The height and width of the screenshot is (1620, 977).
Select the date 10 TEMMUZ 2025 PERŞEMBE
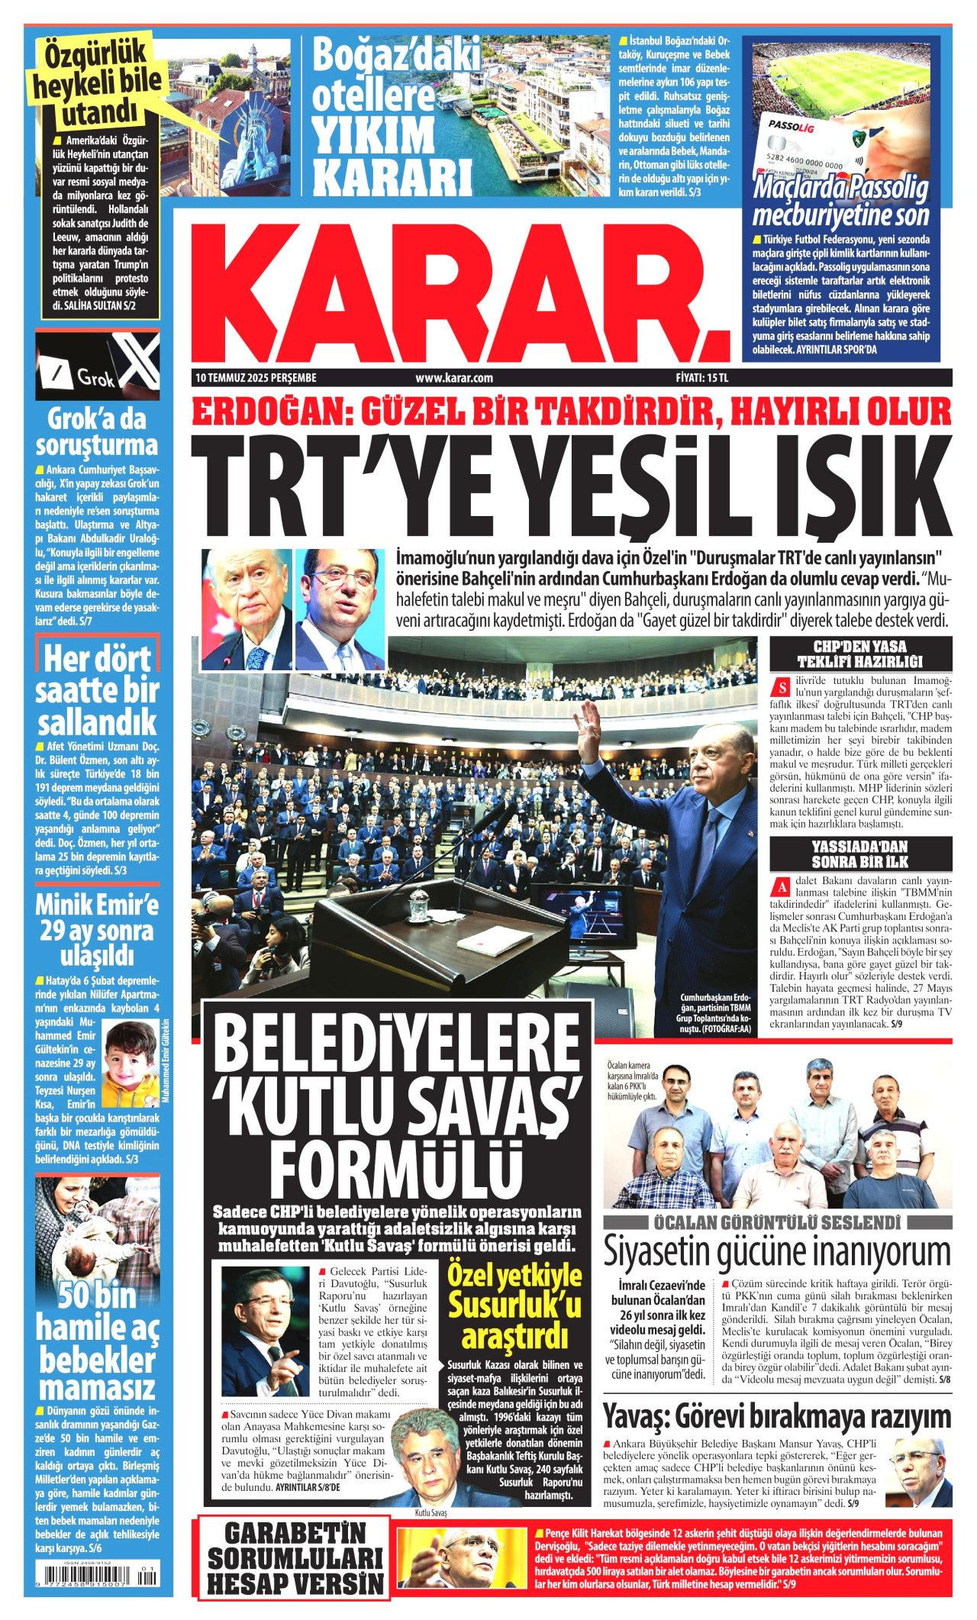pos(256,378)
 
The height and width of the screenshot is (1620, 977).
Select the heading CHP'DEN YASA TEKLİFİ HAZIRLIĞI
pos(860,654)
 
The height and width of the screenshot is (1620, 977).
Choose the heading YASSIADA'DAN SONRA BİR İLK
pos(860,854)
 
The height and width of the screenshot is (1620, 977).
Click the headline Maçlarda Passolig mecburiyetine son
pos(840,201)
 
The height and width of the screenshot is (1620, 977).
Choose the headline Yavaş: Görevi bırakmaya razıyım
pos(778,1417)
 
